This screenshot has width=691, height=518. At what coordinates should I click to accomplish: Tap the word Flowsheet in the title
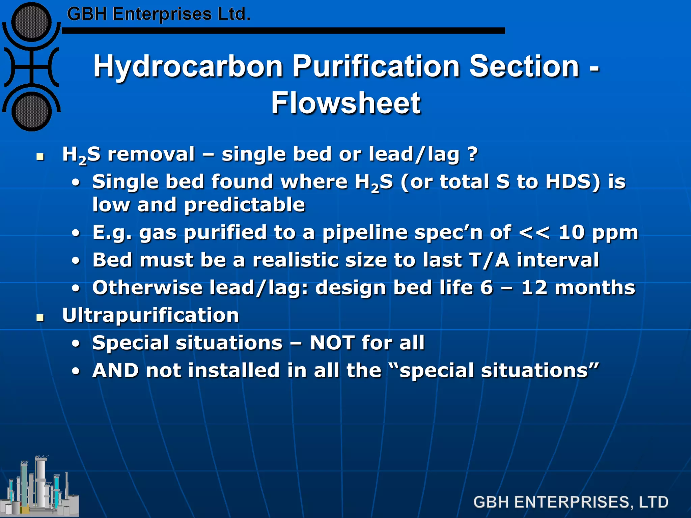345,103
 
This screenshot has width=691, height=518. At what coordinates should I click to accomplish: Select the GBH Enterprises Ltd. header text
159,15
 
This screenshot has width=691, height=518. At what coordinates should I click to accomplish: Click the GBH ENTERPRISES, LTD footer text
571,502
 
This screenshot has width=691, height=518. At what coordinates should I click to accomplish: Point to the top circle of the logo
31,22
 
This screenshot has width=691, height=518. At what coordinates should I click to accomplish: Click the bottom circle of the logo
31,112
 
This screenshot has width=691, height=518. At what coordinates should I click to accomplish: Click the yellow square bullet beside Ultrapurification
40,317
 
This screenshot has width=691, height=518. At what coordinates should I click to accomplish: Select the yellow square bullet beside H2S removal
40,156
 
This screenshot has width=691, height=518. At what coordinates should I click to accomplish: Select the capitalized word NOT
332,343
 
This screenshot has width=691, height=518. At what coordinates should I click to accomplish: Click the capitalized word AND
115,371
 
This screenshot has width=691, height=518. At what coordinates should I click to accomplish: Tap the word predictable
245,205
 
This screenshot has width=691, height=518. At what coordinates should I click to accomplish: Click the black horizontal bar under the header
283,31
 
